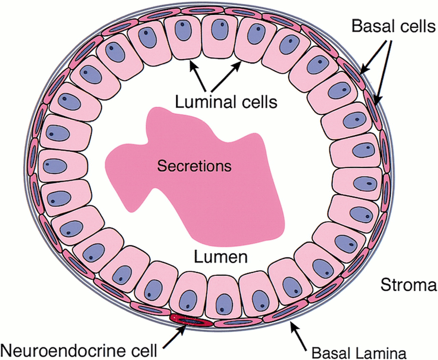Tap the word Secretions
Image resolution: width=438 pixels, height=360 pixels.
194,167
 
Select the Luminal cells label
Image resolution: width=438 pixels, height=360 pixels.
227,102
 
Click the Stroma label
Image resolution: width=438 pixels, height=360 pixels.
408,284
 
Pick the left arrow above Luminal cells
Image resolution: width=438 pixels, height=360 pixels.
201,76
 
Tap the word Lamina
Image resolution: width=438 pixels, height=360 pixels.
381,353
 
